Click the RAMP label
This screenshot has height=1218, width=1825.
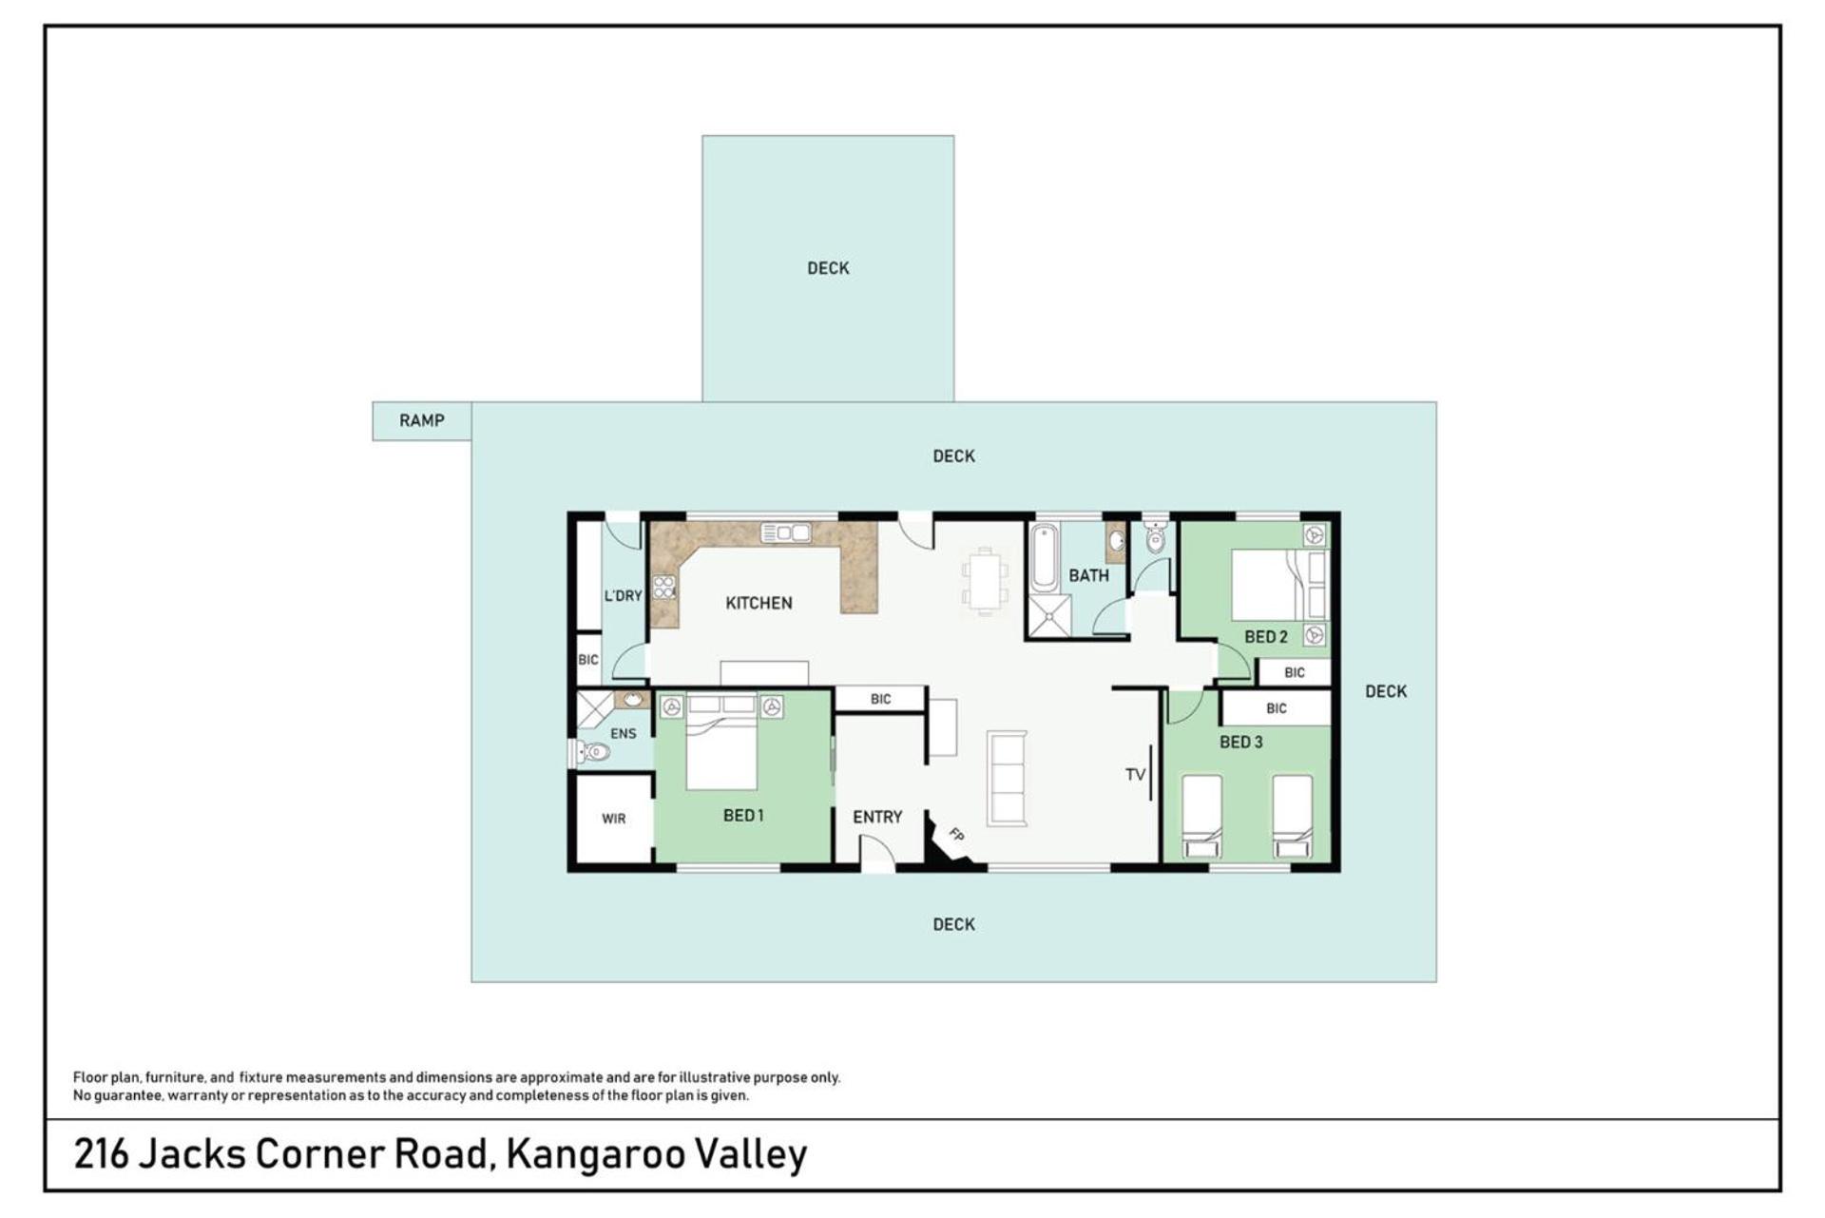tap(421, 420)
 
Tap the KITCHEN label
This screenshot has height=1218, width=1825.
tap(759, 603)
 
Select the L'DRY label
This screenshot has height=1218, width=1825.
tap(624, 596)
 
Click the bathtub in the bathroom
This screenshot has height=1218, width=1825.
tap(1044, 557)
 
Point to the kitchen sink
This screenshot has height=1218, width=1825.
tap(786, 532)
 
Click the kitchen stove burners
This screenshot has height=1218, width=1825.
tap(663, 587)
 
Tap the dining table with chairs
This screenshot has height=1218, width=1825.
tap(984, 581)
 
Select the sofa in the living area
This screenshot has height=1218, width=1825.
tap(1007, 777)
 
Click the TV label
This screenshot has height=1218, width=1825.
tap(1135, 775)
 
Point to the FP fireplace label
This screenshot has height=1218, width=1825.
tap(956, 835)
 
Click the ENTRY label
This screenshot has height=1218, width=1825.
tap(877, 817)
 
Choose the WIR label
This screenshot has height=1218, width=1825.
tap(614, 819)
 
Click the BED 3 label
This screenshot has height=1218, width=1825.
tap(1241, 742)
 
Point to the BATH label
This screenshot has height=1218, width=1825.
tap(1088, 575)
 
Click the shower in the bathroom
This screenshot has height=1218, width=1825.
tap(1049, 615)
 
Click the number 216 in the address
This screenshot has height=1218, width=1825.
tap(101, 1153)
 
